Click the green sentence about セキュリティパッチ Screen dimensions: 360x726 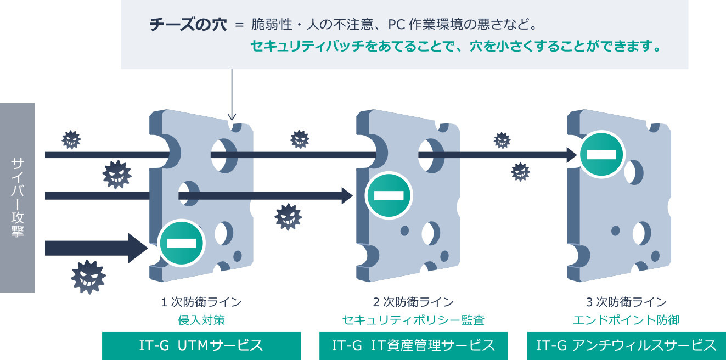(x=455, y=47)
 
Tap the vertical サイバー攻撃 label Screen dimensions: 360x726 (x=17, y=197)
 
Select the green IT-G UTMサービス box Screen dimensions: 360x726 (x=201, y=346)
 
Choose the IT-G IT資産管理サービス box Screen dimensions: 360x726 (x=413, y=346)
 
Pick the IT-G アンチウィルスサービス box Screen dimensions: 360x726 (x=626, y=346)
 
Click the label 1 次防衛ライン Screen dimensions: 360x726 (x=201, y=302)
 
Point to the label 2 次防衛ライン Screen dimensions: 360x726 (x=413, y=302)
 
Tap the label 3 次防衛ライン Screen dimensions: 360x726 (x=626, y=302)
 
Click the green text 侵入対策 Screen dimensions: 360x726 (x=201, y=320)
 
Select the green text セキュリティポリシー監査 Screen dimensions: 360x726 (x=413, y=320)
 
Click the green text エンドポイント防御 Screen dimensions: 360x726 (x=626, y=320)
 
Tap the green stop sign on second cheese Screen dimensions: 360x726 (x=389, y=195)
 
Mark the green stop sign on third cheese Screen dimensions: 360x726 (x=601, y=154)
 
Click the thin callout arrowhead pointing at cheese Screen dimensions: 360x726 (x=232, y=116)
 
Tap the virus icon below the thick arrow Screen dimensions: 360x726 (x=88, y=277)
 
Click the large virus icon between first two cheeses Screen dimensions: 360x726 (x=288, y=216)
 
